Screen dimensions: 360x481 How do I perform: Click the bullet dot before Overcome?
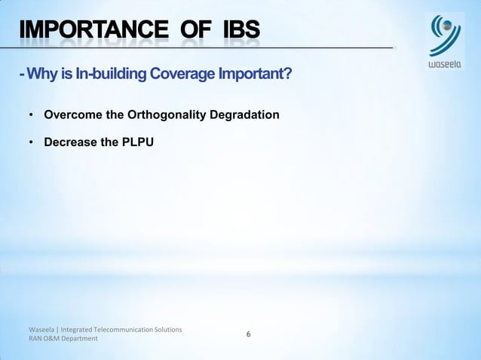tap(31, 116)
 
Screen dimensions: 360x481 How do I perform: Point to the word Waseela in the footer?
tap(41, 330)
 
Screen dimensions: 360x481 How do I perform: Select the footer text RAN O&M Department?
tap(63, 339)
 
